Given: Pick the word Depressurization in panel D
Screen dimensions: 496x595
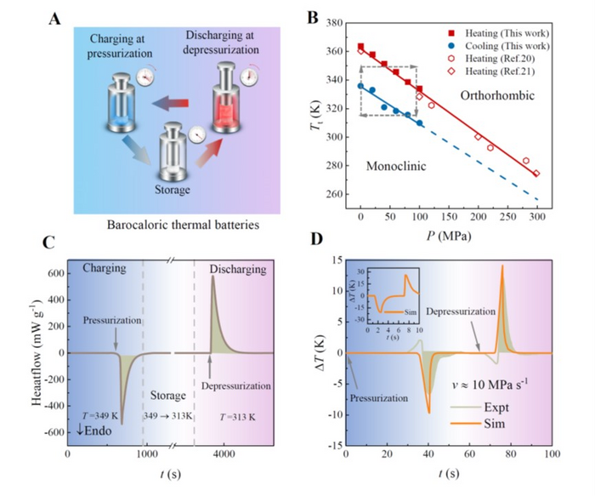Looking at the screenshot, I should click(464, 310).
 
